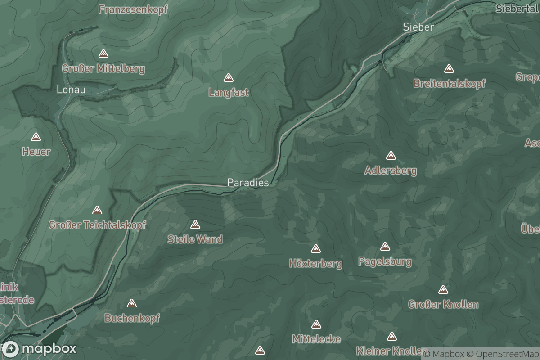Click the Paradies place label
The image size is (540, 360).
(248, 183)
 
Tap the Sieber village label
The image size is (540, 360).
(418, 27)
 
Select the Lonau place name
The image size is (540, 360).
(71, 90)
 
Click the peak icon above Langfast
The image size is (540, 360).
(229, 78)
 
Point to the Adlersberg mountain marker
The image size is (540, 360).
(391, 156)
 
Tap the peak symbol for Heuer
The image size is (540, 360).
(36, 137)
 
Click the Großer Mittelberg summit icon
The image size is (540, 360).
(103, 54)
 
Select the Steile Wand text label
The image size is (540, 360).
(195, 239)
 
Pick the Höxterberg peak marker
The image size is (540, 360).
(316, 248)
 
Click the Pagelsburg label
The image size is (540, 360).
(385, 261)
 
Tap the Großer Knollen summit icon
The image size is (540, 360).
(443, 289)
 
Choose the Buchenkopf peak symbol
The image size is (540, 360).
(132, 303)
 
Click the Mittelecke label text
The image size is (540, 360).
(316, 339)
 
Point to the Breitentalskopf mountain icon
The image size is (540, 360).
(449, 69)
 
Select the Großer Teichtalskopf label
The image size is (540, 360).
(97, 225)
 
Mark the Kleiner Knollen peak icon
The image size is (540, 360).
(392, 336)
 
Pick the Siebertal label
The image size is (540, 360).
(517, 9)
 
